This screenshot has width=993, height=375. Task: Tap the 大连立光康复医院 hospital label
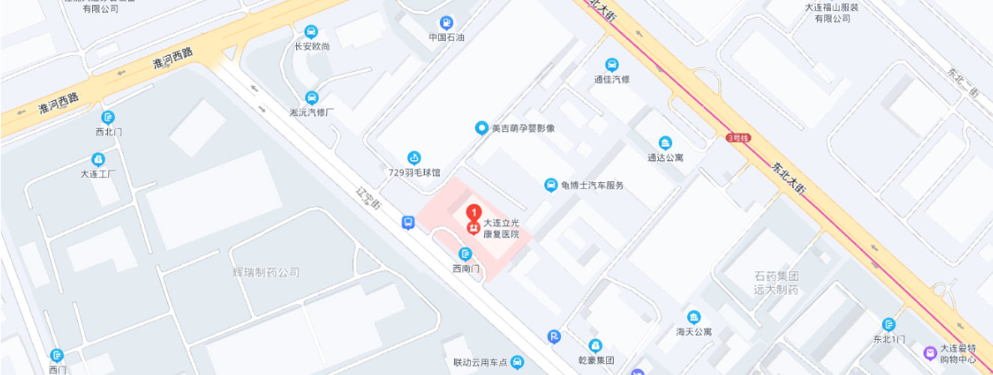pos(501,228)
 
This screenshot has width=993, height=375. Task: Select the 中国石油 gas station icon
pos(447,22)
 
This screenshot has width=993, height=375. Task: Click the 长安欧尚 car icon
pos(312,32)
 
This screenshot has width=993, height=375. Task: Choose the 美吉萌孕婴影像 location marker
pos(483,128)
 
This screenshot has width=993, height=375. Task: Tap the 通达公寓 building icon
pos(665,144)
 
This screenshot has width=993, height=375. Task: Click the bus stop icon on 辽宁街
pos(408,222)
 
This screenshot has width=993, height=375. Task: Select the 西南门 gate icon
pos(465,253)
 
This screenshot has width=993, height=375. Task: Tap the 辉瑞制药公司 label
pos(266,272)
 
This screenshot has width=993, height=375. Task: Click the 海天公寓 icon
pos(695,317)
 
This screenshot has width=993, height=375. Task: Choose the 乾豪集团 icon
pos(596,346)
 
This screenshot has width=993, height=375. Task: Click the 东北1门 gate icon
pos(890,324)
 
